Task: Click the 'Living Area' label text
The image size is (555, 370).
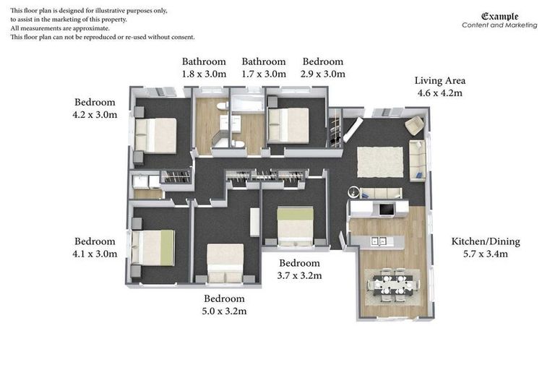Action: pyautogui.click(x=439, y=80)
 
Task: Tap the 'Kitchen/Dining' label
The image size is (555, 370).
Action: pyautogui.click(x=485, y=241)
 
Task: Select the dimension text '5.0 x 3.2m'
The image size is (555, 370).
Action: pyautogui.click(x=224, y=311)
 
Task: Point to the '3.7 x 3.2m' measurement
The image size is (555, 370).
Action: pyautogui.click(x=299, y=275)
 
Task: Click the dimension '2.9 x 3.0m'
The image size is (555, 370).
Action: pyautogui.click(x=323, y=74)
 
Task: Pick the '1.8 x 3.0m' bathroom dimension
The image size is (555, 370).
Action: pyautogui.click(x=204, y=74)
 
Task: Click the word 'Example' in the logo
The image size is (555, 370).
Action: pyautogui.click(x=499, y=16)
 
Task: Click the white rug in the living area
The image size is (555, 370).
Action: pyautogui.click(x=380, y=161)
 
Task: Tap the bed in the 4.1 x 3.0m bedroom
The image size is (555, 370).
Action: pyautogui.click(x=154, y=247)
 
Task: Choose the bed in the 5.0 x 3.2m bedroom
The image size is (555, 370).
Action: pyautogui.click(x=225, y=262)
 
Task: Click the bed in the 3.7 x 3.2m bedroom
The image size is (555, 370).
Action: pyautogui.click(x=296, y=225)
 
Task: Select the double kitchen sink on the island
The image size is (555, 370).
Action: pyautogui.click(x=378, y=241)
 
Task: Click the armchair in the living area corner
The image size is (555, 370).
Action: pyautogui.click(x=414, y=126)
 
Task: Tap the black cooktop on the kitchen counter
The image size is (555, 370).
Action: pyautogui.click(x=387, y=210)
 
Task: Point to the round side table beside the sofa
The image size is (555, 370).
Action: pyautogui.click(x=353, y=192)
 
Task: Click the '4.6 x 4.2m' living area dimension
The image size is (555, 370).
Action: pyautogui.click(x=439, y=93)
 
